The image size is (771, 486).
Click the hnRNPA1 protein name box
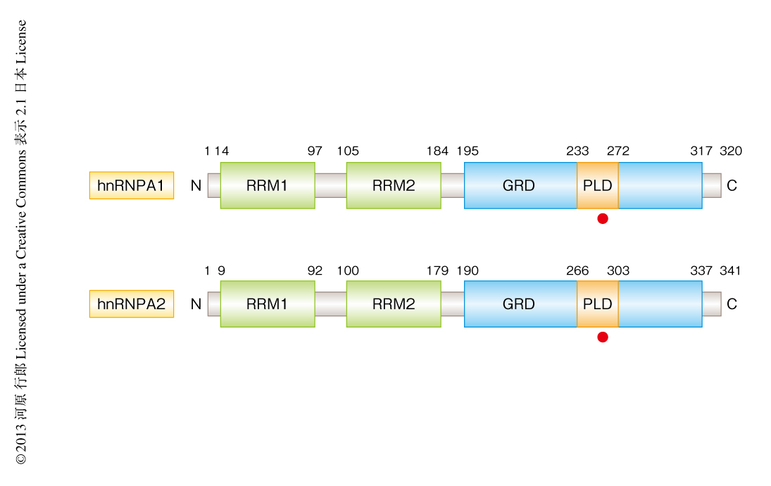(x=131, y=185)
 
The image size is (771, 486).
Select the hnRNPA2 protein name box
(x=131, y=304)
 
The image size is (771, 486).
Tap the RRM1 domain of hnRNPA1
(x=267, y=185)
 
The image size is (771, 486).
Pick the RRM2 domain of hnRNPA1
(x=394, y=185)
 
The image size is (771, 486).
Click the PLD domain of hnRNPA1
(x=598, y=185)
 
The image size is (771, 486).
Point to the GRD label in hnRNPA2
(x=519, y=304)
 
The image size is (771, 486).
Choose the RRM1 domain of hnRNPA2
(x=267, y=304)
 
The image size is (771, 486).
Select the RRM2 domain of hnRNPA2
(x=394, y=304)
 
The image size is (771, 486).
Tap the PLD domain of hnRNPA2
(x=598, y=304)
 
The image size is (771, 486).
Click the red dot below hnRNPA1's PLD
(x=603, y=218)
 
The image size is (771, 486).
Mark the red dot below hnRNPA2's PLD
(x=603, y=337)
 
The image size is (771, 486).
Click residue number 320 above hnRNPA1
(x=731, y=151)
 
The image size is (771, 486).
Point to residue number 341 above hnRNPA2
(x=731, y=270)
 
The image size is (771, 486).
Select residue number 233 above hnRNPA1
(x=577, y=151)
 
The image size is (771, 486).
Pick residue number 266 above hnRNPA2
(x=577, y=270)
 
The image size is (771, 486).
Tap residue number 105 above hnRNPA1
(x=348, y=151)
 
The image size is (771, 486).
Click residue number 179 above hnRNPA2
(x=437, y=270)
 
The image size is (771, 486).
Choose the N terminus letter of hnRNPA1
(x=196, y=186)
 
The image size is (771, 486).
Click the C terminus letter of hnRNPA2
(x=732, y=304)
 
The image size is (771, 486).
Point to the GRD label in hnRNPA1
(x=519, y=185)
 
